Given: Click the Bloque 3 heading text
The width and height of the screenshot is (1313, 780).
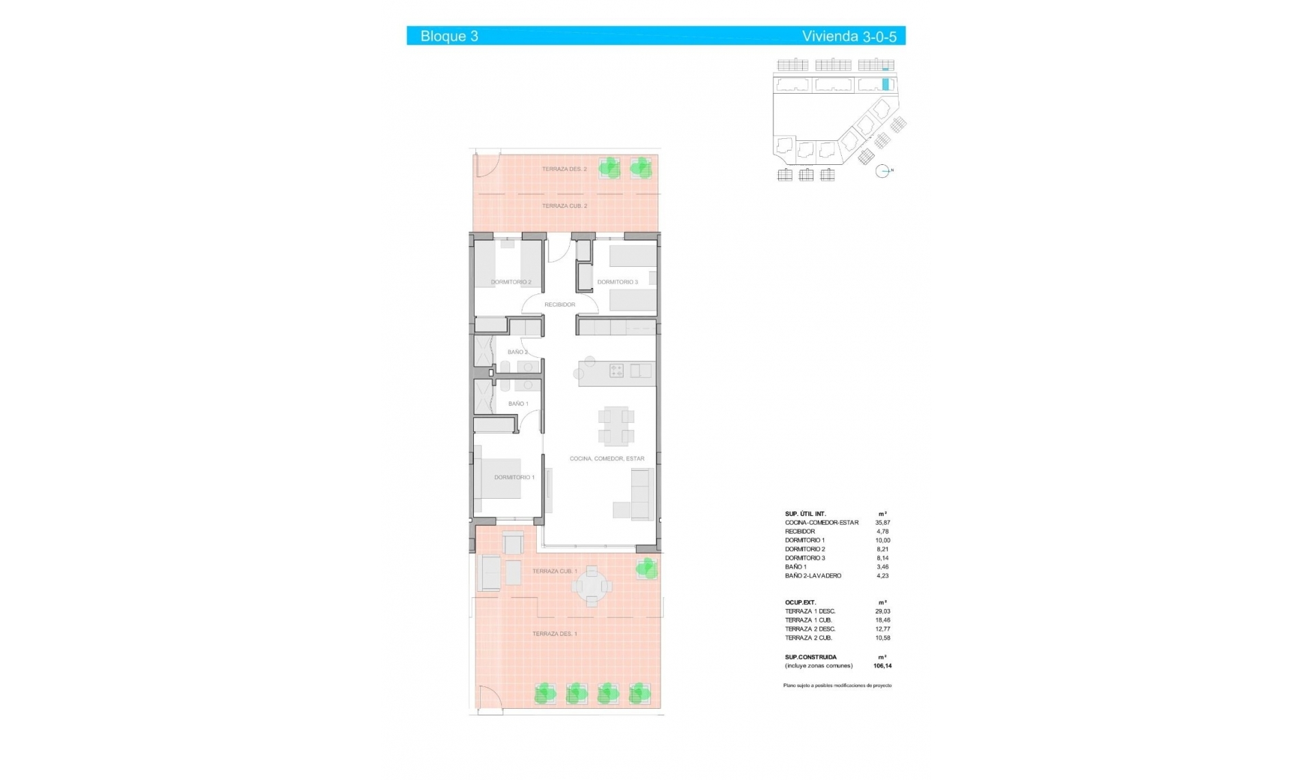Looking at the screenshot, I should click(x=449, y=36).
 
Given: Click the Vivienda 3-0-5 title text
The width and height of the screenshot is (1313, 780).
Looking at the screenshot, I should click(x=849, y=36).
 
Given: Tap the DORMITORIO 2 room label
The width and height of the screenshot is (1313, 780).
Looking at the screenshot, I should click(x=511, y=282).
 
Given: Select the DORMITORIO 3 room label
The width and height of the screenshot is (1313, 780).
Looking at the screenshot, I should click(x=617, y=282).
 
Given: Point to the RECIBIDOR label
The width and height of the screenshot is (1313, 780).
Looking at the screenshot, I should click(x=559, y=304).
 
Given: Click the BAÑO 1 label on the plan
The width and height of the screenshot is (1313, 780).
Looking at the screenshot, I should click(x=518, y=404).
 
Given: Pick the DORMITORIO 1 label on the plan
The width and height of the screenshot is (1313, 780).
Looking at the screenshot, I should click(x=514, y=478).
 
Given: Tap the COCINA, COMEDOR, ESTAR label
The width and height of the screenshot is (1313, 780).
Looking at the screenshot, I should click(x=607, y=458).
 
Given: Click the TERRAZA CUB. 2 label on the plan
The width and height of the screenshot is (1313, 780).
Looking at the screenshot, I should click(x=564, y=206).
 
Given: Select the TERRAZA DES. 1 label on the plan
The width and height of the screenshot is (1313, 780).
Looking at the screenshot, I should click(x=555, y=634).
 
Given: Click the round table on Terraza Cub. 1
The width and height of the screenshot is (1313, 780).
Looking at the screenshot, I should click(x=592, y=586).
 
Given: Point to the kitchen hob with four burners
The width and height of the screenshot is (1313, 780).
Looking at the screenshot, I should click(x=616, y=371).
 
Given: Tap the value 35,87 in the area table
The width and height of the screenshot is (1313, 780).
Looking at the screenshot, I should click(x=882, y=523).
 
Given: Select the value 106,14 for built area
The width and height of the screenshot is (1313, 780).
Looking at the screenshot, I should click(x=882, y=666).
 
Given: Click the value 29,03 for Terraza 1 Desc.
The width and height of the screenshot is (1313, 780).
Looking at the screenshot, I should click(x=882, y=612).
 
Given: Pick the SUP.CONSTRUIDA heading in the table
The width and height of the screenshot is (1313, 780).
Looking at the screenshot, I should click(x=810, y=657).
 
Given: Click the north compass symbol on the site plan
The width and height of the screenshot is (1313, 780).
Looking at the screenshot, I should click(x=883, y=171).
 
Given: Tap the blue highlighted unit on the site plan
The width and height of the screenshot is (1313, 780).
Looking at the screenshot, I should click(x=886, y=84).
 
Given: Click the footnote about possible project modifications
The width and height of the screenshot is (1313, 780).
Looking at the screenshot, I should click(x=837, y=686).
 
